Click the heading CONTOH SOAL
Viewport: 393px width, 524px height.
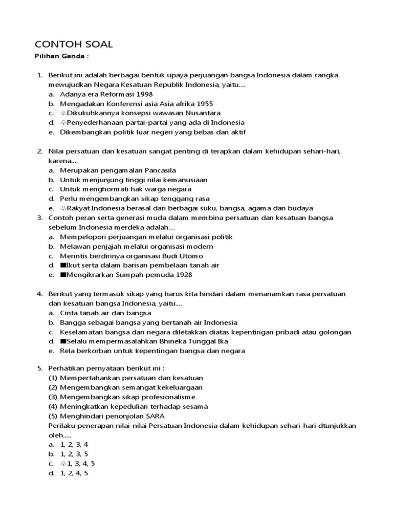click(x=73, y=45)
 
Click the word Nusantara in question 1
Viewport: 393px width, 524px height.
click(x=199, y=113)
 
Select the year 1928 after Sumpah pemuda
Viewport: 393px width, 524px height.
click(x=183, y=275)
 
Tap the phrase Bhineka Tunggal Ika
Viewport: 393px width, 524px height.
click(x=199, y=341)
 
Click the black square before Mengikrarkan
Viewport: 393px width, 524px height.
click(x=63, y=275)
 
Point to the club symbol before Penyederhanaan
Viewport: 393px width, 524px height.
click(x=63, y=123)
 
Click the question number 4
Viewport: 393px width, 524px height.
click(x=39, y=294)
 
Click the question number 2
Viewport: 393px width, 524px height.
click(x=39, y=151)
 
